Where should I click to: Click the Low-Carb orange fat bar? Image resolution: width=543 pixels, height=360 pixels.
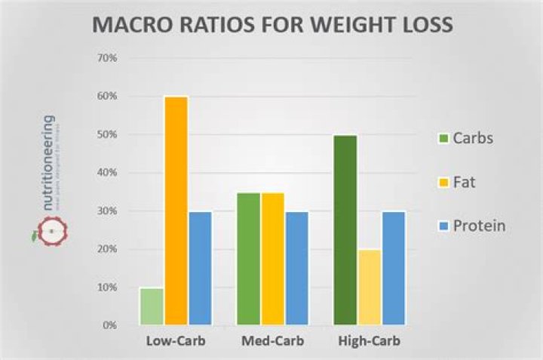coord(176,211)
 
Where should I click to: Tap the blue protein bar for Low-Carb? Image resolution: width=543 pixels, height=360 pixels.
coord(200,268)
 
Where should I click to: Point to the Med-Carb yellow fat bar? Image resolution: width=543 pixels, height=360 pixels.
coord(273,259)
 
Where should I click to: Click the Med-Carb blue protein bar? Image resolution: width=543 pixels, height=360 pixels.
coord(296,268)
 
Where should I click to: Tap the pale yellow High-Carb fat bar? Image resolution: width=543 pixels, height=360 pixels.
coord(370,287)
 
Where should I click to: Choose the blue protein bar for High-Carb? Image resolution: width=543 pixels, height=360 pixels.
coord(393,268)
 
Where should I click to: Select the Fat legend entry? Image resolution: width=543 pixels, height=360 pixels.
coord(465,182)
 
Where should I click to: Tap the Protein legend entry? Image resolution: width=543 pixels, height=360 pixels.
coord(474,226)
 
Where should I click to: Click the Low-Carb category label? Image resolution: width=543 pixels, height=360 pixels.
coord(176,341)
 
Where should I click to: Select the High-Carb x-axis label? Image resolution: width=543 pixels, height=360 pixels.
coord(370,341)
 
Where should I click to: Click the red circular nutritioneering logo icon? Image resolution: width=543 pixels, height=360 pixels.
coord(51,230)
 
